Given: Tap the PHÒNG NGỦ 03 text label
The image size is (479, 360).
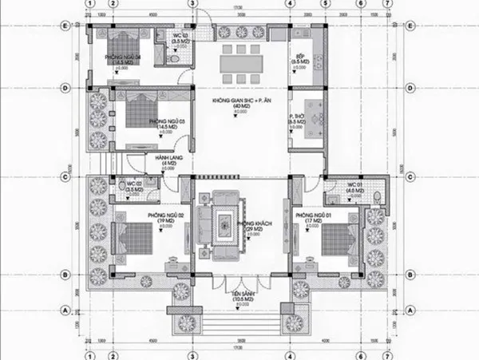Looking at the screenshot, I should coord(167,122).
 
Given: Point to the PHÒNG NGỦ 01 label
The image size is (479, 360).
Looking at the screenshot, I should coord(313,216).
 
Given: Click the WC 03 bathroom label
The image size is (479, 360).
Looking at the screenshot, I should coord(181,37).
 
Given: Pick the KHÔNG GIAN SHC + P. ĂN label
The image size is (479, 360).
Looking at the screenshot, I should coord(237,101).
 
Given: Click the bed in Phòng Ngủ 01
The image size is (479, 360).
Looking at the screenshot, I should coord(338,237).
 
